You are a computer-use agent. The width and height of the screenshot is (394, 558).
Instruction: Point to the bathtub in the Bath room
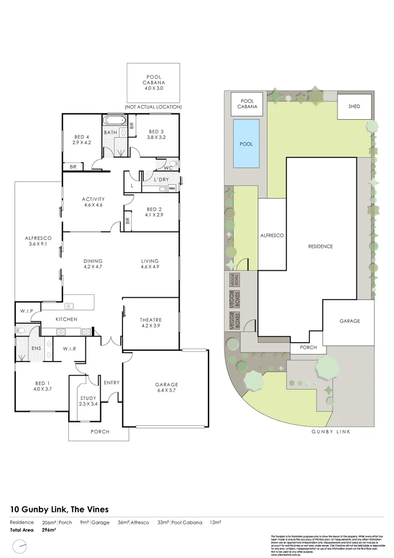(115, 121)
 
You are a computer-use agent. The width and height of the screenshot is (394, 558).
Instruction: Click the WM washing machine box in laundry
(172, 189)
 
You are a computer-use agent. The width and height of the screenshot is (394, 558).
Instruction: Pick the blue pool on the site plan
(246, 143)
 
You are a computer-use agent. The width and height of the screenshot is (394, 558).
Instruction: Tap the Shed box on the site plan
(354, 107)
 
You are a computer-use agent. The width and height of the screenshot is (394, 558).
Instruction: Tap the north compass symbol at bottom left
(22, 546)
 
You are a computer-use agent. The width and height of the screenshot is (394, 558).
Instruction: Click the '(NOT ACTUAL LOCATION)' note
(153, 107)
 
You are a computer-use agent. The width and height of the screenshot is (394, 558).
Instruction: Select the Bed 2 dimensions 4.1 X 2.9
(154, 216)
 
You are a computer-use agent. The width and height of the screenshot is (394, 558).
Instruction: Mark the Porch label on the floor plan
(100, 431)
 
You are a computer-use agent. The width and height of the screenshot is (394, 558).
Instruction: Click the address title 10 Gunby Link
(59, 509)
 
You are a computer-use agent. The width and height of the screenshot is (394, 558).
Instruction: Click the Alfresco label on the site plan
(272, 235)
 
